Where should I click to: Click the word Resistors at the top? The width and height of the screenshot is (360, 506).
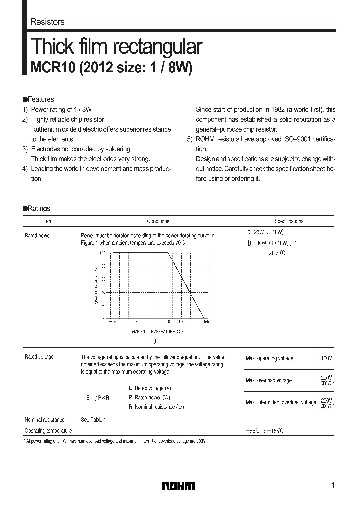[47, 22]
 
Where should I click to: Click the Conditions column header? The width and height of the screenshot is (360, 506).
[158, 221]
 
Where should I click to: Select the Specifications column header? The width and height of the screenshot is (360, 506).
[289, 221]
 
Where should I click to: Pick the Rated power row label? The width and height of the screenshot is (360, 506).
[38, 235]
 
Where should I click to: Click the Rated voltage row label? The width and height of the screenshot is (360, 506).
[39, 357]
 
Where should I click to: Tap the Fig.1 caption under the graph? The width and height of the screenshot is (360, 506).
[155, 341]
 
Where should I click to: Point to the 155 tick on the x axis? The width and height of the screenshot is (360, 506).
[206, 322]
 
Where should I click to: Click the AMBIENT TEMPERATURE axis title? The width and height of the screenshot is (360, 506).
[157, 331]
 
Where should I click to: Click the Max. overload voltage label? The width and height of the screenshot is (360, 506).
[269, 381]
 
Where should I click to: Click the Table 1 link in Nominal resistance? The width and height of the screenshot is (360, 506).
[99, 420]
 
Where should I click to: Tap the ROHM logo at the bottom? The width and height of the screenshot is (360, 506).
[179, 486]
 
